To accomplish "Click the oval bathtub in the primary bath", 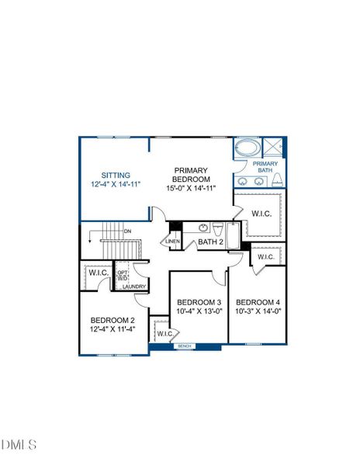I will tap(248, 148).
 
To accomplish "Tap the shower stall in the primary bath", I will tap(273, 147).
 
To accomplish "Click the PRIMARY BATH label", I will tap(265, 167).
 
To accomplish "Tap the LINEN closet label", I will tap(173, 242).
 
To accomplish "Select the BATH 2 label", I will tap(210, 242).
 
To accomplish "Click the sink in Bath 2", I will tap(204, 228).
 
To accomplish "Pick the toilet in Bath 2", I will tap(218, 229).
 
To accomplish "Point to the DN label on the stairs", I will tap(127, 231).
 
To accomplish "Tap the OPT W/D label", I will tap(123, 275).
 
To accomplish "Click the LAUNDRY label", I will tap(133, 287).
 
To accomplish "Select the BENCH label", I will tap(184, 346).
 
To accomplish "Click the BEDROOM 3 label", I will tap(199, 302).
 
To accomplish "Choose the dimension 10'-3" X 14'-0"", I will tap(258, 311).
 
